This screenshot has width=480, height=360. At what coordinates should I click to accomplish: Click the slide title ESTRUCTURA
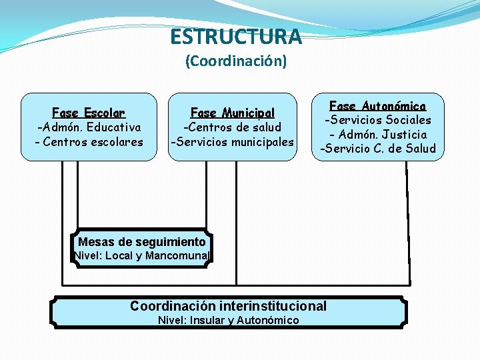point(235,36)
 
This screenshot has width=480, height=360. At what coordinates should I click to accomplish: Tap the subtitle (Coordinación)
point(236,61)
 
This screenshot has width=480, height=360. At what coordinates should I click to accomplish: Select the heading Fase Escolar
point(89,113)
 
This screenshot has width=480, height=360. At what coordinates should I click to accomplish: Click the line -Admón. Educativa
point(89,127)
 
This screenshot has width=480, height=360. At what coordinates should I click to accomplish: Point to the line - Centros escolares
point(89,141)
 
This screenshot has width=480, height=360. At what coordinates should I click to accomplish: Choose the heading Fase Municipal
point(232,113)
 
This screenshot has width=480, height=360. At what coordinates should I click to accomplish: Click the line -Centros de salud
point(232,127)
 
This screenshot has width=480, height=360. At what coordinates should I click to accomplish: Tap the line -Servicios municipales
point(232,141)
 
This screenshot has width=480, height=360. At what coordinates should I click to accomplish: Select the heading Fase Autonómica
point(377,105)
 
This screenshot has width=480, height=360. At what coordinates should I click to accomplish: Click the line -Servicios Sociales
point(377,120)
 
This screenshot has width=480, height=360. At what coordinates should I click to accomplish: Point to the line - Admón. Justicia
point(377,134)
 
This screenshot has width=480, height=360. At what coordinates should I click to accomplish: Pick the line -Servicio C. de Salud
point(377,149)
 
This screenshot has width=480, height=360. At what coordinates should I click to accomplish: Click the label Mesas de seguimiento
point(142,241)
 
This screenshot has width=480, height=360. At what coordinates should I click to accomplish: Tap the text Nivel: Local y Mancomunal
point(142,255)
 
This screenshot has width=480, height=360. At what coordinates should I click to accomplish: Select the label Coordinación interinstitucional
point(228,306)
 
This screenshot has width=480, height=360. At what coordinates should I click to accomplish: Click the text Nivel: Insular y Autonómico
point(228,320)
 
